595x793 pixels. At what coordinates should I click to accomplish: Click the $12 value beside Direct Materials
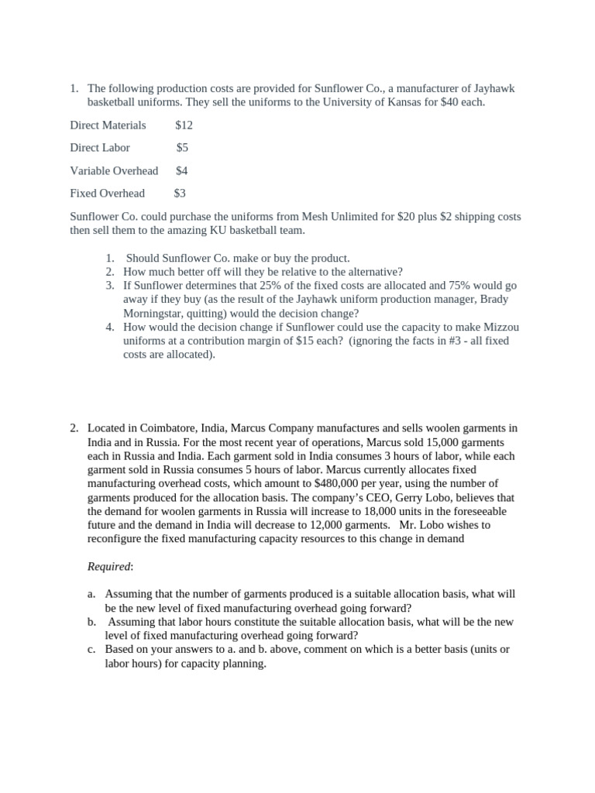(184, 125)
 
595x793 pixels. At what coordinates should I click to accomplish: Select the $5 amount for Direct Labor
(182, 147)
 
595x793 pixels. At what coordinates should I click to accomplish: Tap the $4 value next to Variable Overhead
(182, 170)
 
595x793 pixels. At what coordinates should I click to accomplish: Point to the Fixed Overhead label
(107, 193)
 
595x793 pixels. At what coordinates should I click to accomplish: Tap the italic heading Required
(109, 567)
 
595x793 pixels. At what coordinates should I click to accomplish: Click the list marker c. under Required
(91, 650)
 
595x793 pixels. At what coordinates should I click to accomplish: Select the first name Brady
(486, 299)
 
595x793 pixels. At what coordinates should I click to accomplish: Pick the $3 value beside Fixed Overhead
(180, 193)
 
